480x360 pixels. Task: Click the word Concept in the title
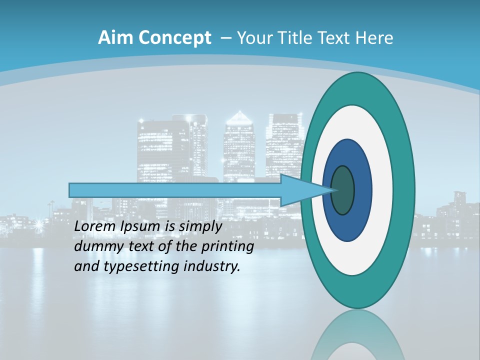[x=174, y=38]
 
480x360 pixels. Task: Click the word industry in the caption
[x=212, y=266]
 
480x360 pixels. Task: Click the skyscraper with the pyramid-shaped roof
[x=239, y=145]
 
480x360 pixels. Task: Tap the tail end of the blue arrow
[x=71, y=190]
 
